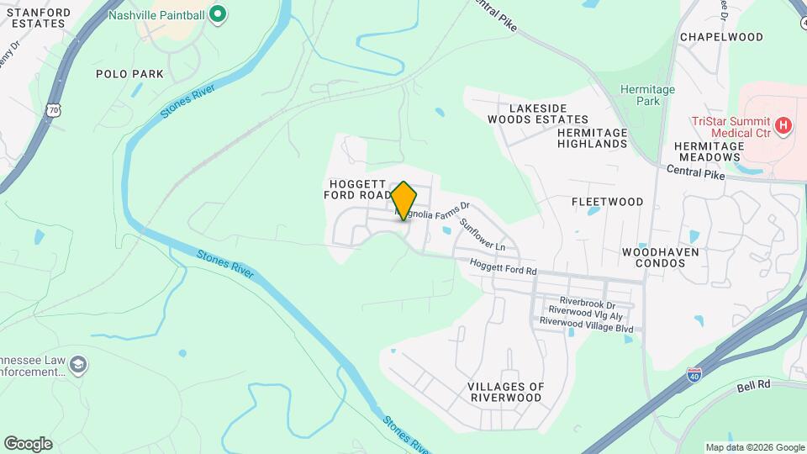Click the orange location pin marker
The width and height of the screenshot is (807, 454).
pyautogui.click(x=403, y=200)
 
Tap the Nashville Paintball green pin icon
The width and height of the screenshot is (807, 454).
pyautogui.click(x=218, y=14)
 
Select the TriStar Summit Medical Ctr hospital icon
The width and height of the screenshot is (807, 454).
pyautogui.click(x=783, y=126)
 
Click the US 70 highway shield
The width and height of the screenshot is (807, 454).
pyautogui.click(x=55, y=110)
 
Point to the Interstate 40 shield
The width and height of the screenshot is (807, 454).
pyautogui.click(x=694, y=376)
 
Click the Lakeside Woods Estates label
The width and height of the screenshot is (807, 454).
pyautogui.click(x=538, y=113)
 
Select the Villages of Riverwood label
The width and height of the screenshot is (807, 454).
pyautogui.click(x=505, y=392)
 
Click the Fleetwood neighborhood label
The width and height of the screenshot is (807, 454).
pyautogui.click(x=607, y=202)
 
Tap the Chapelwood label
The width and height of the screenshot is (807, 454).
pyautogui.click(x=721, y=37)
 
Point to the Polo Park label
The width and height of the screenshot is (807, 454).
pyautogui.click(x=129, y=74)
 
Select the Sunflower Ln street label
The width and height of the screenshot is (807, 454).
pyautogui.click(x=483, y=235)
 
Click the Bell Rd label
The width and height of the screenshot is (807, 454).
pyautogui.click(x=753, y=387)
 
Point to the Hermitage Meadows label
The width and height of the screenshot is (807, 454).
pyautogui.click(x=709, y=151)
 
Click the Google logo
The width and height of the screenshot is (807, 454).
pyautogui.click(x=28, y=443)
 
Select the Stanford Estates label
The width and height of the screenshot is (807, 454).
pyautogui.click(x=35, y=17)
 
